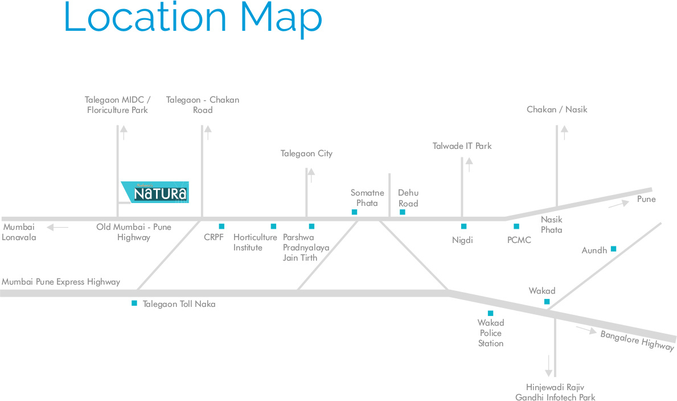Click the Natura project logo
coord(155,192)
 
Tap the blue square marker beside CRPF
coord(221,226)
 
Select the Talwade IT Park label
coord(462,146)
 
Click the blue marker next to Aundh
coord(614,249)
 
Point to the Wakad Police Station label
coord(491,333)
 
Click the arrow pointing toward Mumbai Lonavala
coord(58,227)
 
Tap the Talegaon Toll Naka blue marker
coord(134,303)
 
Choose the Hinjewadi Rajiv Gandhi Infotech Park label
coord(555,392)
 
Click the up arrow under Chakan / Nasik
coord(564,132)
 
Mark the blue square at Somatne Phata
coord(355,212)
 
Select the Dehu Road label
coord(408,198)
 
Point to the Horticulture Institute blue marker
coord(273,226)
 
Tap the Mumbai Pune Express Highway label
coord(61,282)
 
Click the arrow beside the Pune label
coord(619,204)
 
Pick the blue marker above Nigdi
coord(463,226)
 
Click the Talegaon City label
coord(306,153)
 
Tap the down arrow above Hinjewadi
coord(548,366)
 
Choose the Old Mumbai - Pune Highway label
coord(134,232)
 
